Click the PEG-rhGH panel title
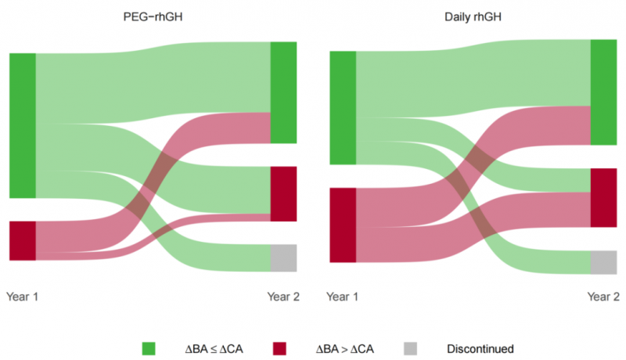coord(153,16)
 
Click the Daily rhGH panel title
coord(473,16)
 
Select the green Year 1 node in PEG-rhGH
coord(23,126)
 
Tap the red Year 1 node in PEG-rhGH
coord(23,241)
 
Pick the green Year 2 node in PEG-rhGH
coord(283,92)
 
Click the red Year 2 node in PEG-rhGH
coord(283,194)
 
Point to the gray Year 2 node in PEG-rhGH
coord(283,257)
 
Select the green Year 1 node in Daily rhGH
coord(343,108)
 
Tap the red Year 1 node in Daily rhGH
coord(343,225)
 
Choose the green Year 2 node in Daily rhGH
coord(603,92)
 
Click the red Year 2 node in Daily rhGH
coord(603,198)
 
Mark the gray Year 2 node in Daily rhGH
coord(603,262)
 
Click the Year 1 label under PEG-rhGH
coord(23,297)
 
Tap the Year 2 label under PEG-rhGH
coord(283,297)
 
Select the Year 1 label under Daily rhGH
coord(343,297)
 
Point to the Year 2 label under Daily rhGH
coord(603,297)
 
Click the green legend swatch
coord(149,348)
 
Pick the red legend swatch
coord(279,348)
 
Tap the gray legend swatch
coord(410,348)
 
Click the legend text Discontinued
coord(480,349)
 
